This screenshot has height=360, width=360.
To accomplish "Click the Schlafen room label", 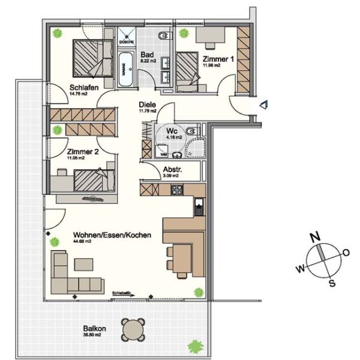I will (x=64, y=87).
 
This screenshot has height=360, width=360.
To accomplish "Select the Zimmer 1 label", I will (x=218, y=59).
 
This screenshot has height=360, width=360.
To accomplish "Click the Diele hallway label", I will (x=147, y=104).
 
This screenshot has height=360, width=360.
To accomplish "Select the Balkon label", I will (x=95, y=329).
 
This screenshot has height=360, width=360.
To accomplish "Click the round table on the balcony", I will (x=133, y=329).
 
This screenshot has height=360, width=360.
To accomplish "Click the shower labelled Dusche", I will (x=127, y=37).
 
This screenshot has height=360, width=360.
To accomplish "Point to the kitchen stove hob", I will (x=178, y=190).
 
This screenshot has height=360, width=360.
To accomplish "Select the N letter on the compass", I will (x=313, y=236).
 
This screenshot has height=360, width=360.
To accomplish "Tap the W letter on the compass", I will (x=299, y=269).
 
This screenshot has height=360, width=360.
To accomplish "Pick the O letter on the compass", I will (x=346, y=253).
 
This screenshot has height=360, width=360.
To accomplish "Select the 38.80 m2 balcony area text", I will (x=95, y=337).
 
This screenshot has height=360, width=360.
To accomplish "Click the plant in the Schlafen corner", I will (x=57, y=33).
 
